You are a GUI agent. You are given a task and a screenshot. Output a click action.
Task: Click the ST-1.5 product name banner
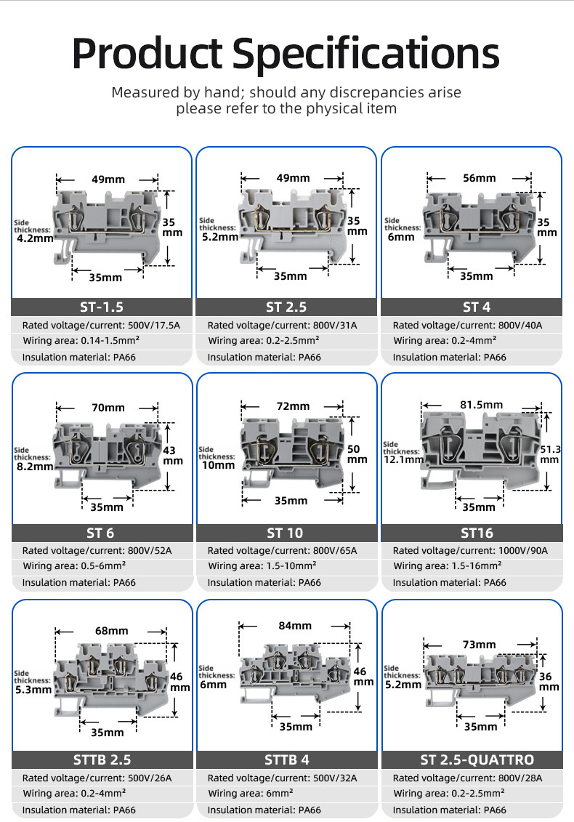pyautogui.click(x=102, y=307)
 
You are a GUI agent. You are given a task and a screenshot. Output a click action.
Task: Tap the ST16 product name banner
pyautogui.click(x=472, y=533)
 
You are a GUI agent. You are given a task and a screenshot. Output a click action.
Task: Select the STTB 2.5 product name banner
pyautogui.click(x=102, y=759)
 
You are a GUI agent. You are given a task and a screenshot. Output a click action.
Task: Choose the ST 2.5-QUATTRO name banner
pyautogui.click(x=472, y=759)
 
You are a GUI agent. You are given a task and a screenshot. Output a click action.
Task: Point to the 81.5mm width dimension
pyautogui.click(x=481, y=405)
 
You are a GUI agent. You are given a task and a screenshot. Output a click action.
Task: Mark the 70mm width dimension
pyautogui.click(x=108, y=408)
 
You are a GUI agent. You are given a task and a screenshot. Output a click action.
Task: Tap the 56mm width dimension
pyautogui.click(x=479, y=178)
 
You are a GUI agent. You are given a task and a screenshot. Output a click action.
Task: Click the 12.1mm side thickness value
pyautogui.click(x=404, y=459)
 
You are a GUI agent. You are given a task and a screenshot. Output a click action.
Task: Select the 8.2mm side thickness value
pyautogui.click(x=34, y=466)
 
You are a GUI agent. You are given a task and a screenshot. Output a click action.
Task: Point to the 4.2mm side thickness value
pyautogui.click(x=34, y=237)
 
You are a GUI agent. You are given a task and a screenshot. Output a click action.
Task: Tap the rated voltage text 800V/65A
pyautogui.click(x=333, y=551)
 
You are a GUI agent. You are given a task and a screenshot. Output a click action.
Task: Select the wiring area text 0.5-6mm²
pyautogui.click(x=100, y=565)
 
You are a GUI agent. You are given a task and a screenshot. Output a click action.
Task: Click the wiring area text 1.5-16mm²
pyautogui.click(x=473, y=565)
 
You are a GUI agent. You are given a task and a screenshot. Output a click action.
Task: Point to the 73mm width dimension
pyautogui.click(x=479, y=645)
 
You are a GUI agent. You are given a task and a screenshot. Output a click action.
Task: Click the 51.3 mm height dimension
pyautogui.click(x=550, y=454)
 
